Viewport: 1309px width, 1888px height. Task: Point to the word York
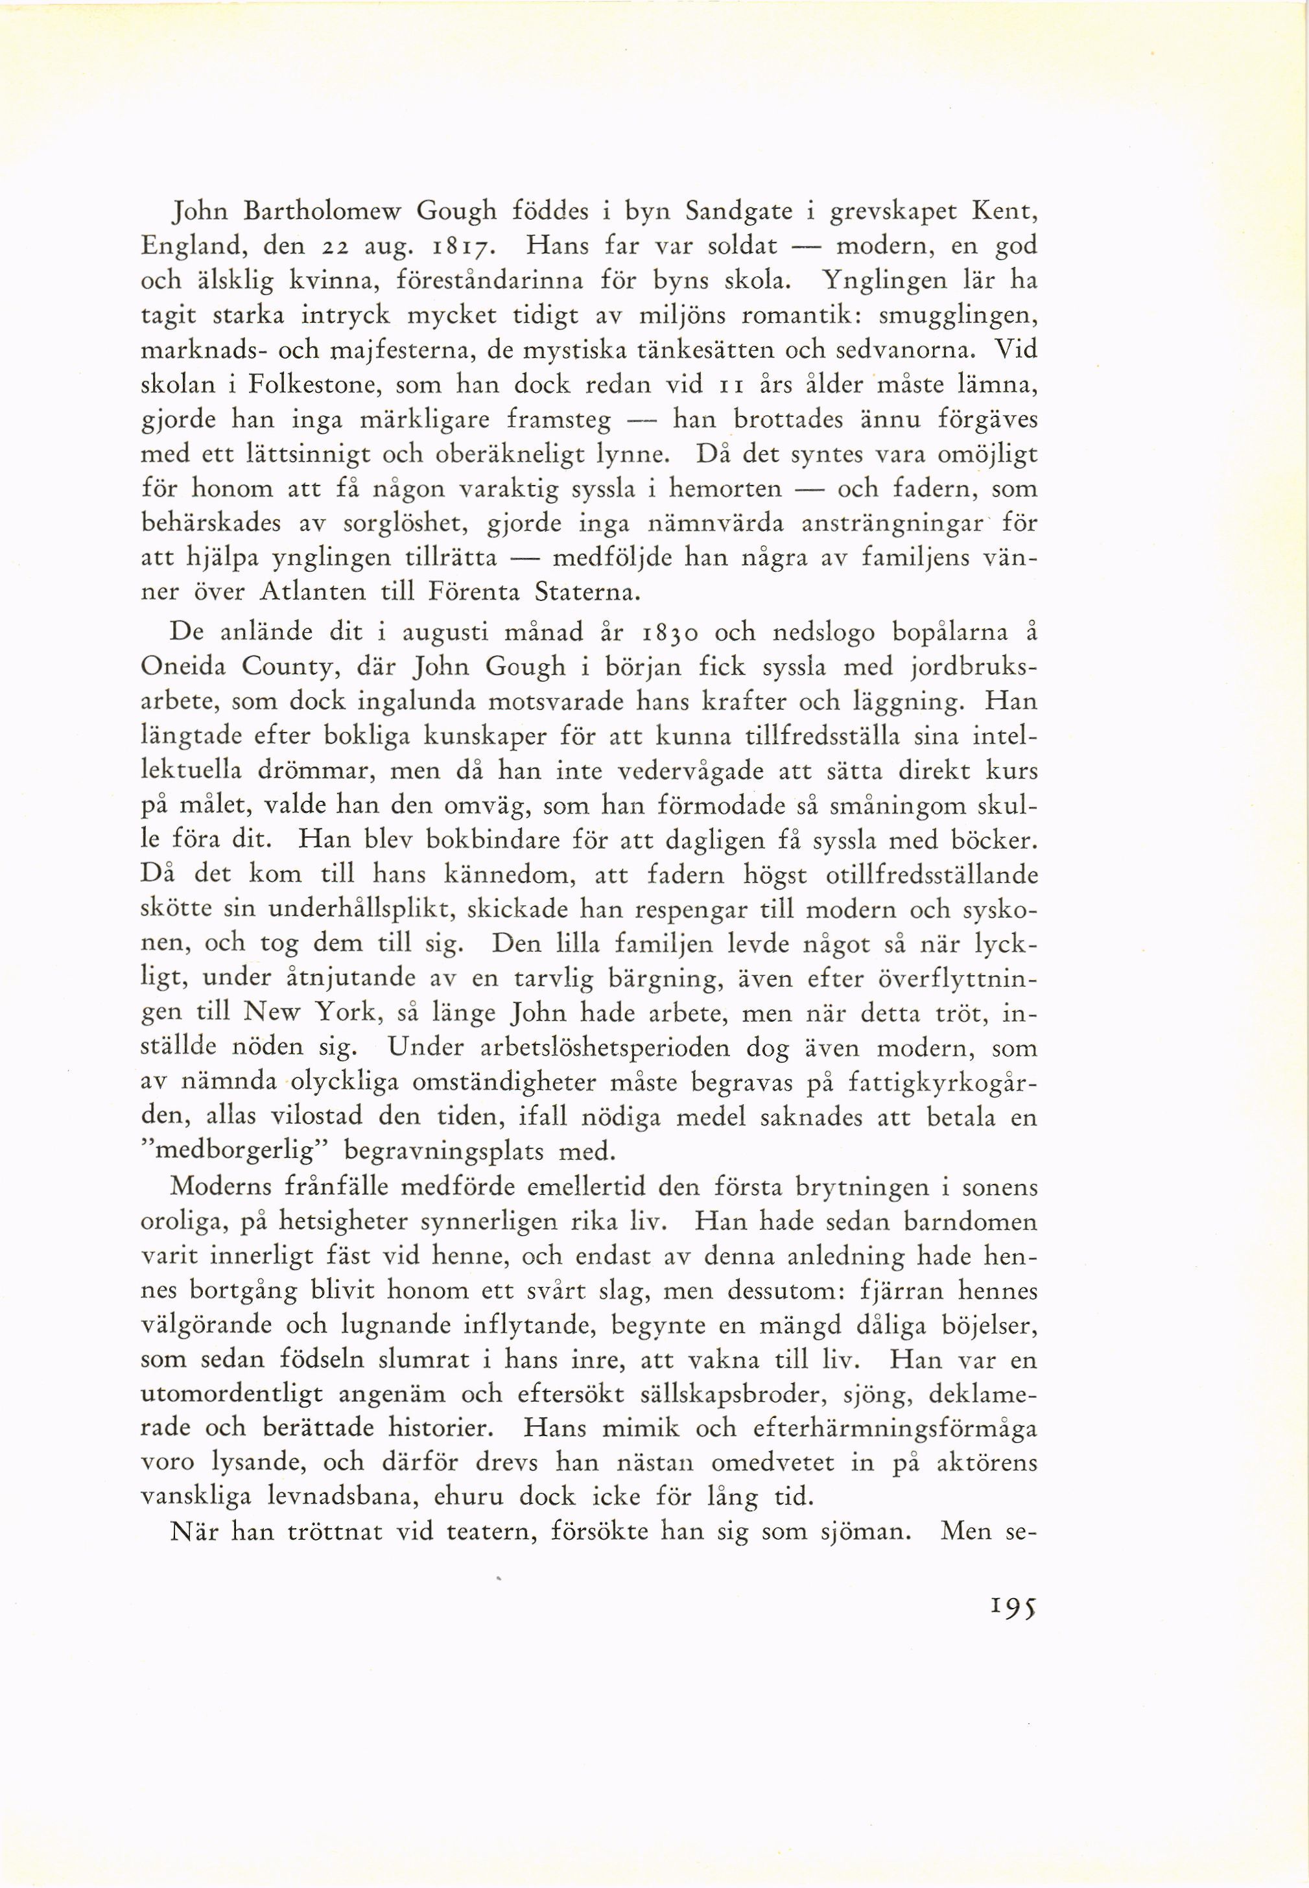pos(348,1014)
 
